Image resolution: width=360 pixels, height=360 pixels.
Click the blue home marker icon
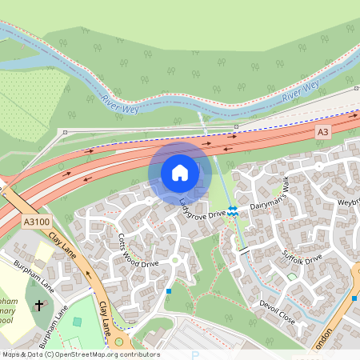[180, 173]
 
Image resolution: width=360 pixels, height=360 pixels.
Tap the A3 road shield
[322, 132]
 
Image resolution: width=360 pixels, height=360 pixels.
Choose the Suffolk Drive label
[302, 260]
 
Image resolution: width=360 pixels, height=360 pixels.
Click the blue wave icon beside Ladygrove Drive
[233, 210]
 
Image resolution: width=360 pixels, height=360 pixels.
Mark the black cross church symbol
[40, 306]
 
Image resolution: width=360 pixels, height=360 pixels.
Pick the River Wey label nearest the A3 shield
[301, 89]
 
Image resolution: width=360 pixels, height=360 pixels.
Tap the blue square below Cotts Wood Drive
[169, 291]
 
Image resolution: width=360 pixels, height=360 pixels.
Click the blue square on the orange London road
[354, 298]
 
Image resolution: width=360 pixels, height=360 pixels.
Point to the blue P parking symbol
[194, 355]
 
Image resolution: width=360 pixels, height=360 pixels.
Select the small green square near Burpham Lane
[77, 322]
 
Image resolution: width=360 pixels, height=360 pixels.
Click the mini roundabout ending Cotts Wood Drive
[174, 260]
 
